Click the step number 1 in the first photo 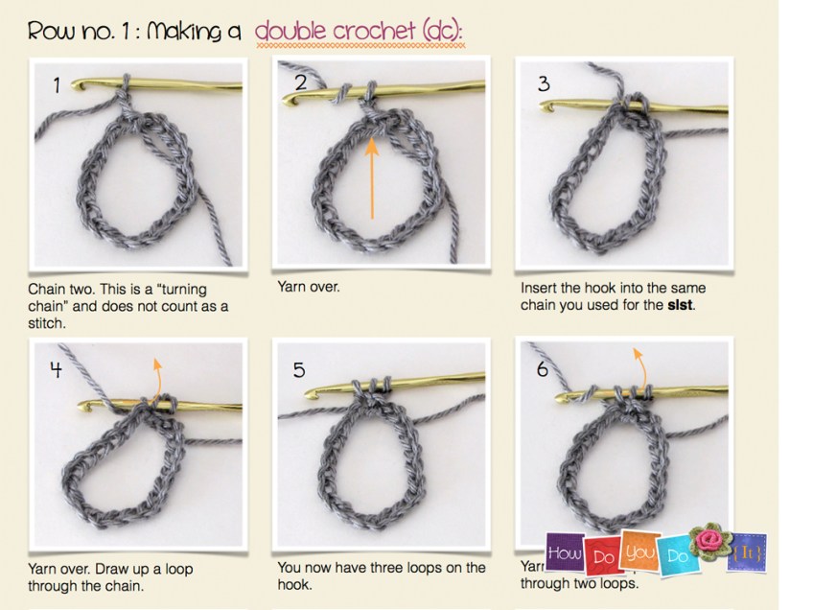coord(56,86)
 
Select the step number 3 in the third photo coord(544,84)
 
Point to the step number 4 coord(55,366)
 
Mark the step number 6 coord(542,367)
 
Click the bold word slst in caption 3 coord(679,305)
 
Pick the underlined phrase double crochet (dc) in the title coord(360,32)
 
